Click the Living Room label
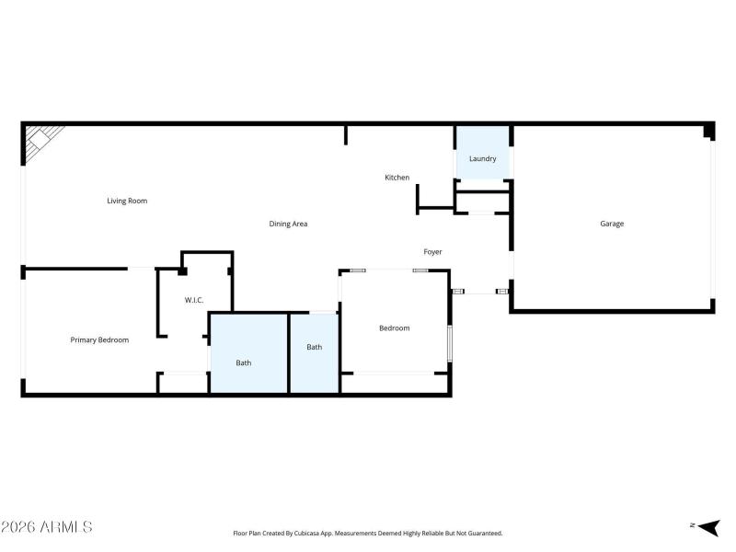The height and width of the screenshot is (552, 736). [x=127, y=201]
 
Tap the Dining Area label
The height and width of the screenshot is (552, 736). [x=288, y=224]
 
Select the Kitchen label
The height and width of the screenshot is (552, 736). [x=397, y=178]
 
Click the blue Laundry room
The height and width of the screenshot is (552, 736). [x=483, y=153]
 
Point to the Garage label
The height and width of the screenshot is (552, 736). [x=612, y=224]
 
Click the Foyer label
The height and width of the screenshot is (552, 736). [x=432, y=252]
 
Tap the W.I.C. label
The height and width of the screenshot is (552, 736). [x=194, y=301]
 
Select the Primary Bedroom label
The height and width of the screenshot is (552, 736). [x=99, y=339]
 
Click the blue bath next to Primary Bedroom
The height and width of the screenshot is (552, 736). [x=248, y=353]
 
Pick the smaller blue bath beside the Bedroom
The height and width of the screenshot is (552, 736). [x=315, y=353]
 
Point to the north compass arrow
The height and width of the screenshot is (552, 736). [x=708, y=527]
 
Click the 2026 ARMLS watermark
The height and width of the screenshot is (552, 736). [x=47, y=526]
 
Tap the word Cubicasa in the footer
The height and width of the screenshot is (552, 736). [x=307, y=534]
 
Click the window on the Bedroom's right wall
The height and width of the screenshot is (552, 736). [x=449, y=343]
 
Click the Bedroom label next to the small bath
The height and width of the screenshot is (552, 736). [x=395, y=328]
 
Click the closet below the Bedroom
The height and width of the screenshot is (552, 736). [x=395, y=384]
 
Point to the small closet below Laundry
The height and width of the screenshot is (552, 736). [x=483, y=202]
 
